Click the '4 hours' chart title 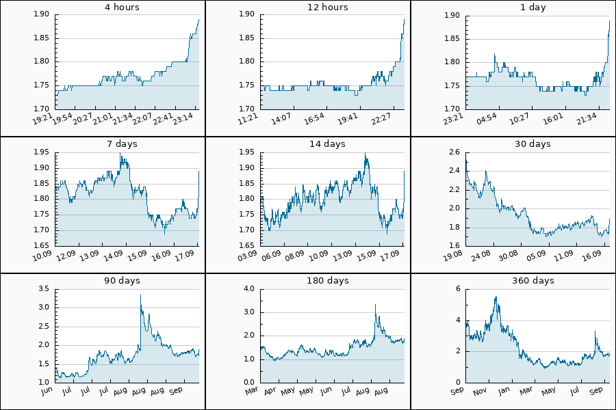(x=122, y=8)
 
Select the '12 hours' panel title (x=327, y=8)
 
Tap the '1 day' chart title (x=532, y=8)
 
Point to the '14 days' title (x=327, y=144)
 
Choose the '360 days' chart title (x=532, y=281)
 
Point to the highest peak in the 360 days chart (x=496, y=297)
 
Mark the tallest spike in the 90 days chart (x=140, y=295)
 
